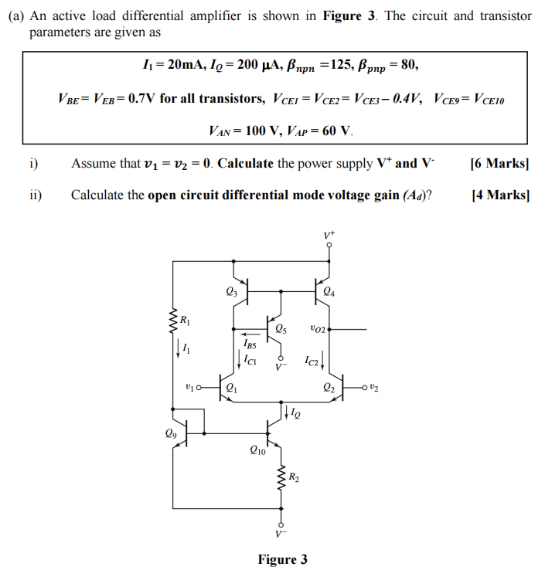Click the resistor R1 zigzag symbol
[173, 322]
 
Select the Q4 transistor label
[329, 291]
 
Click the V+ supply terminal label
[330, 234]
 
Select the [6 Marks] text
[499, 164]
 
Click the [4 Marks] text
[499, 195]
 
